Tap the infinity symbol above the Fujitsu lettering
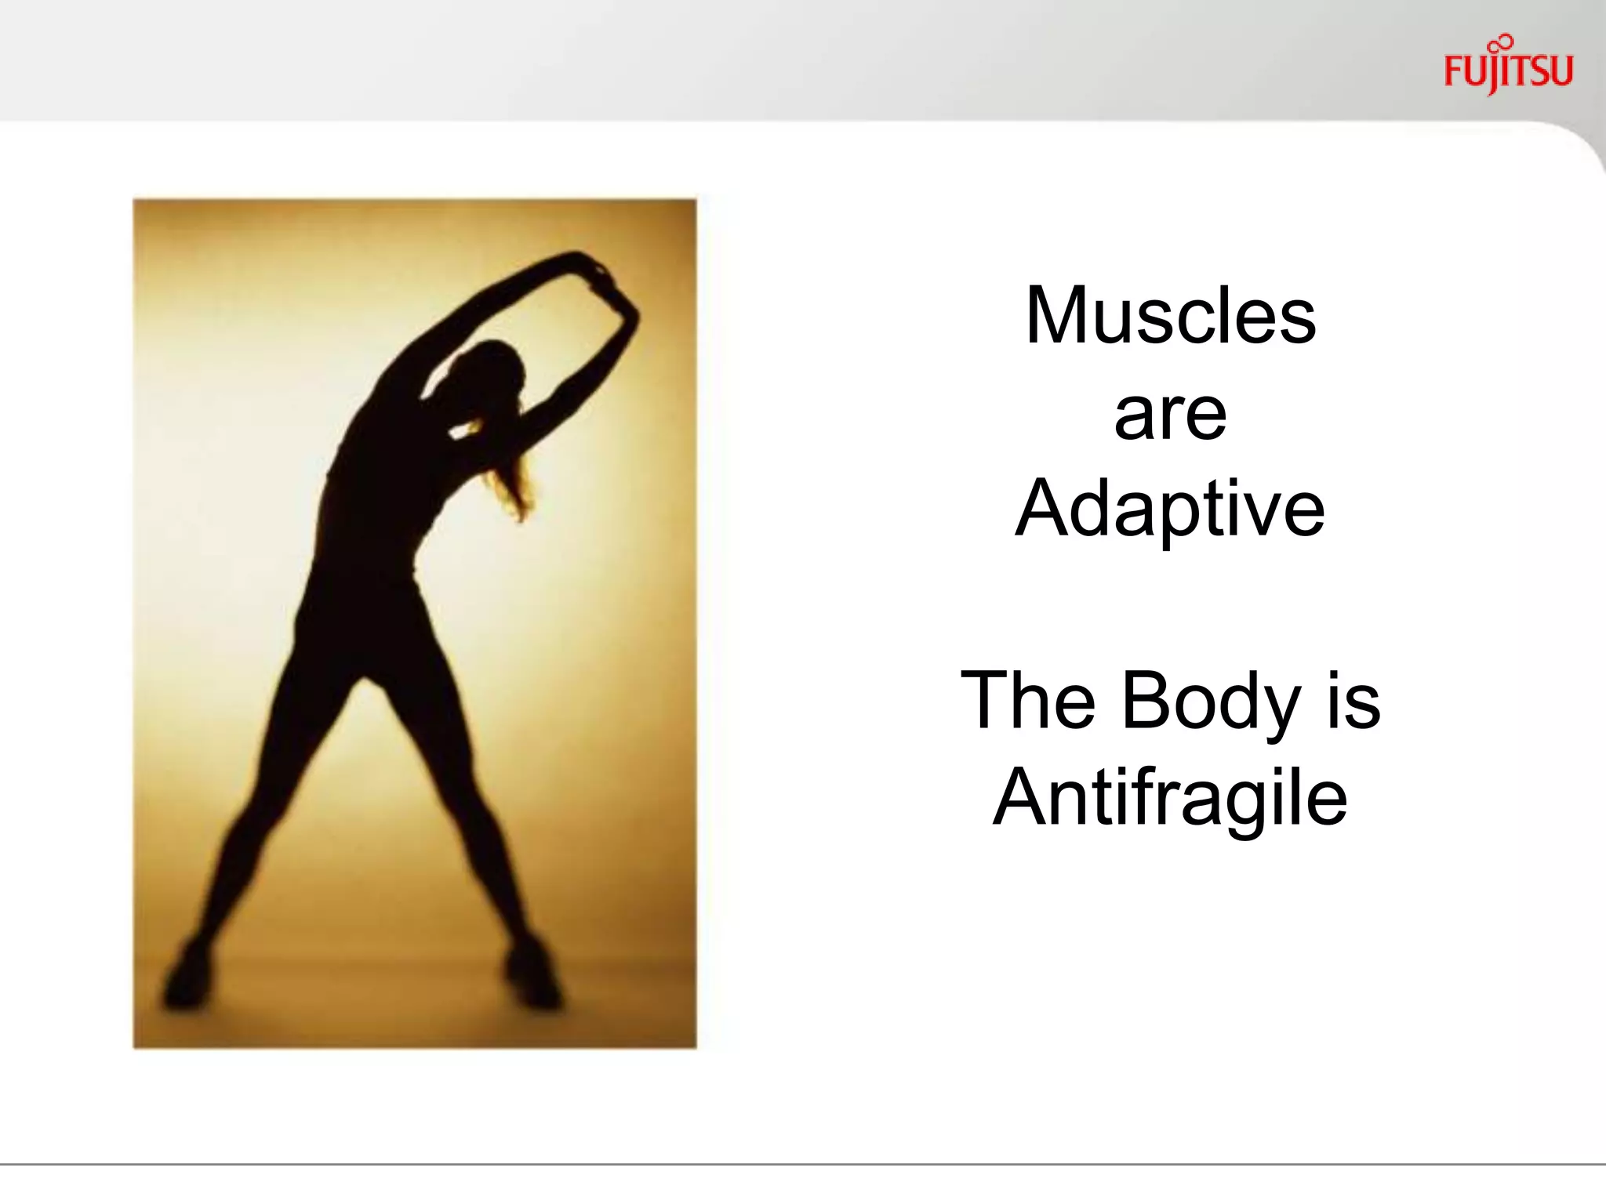click(x=1502, y=42)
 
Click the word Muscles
click(x=1170, y=316)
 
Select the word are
click(x=1170, y=415)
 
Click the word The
click(x=1027, y=700)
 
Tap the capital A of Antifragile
click(x=1023, y=797)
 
